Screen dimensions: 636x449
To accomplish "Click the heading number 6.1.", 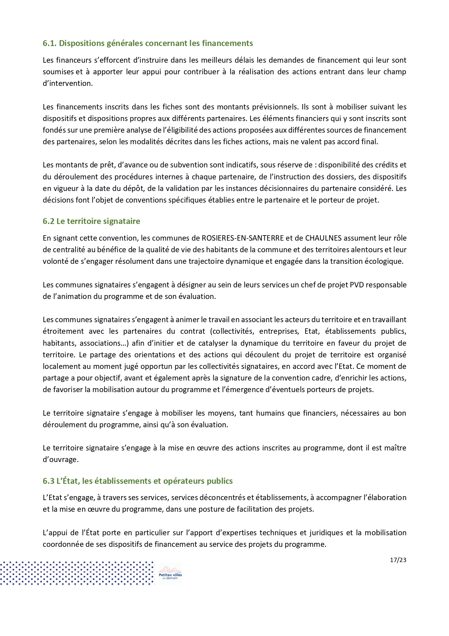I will click(x=50, y=43).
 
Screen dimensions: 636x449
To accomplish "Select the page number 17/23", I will click(x=398, y=560).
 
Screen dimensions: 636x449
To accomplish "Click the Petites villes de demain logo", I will click(x=170, y=573).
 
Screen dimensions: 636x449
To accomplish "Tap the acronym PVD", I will click(x=356, y=285).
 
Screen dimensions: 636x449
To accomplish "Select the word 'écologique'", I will click(x=385, y=261).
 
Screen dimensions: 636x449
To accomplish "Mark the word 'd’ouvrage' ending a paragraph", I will click(x=60, y=460).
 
